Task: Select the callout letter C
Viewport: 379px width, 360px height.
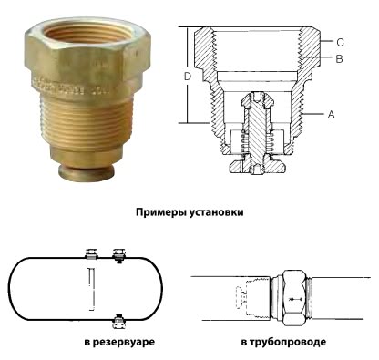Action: coord(339,43)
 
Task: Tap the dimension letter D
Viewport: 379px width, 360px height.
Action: coord(186,77)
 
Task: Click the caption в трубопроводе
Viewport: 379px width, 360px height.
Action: coord(283,343)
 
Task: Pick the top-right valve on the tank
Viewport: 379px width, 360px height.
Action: coord(118,252)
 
